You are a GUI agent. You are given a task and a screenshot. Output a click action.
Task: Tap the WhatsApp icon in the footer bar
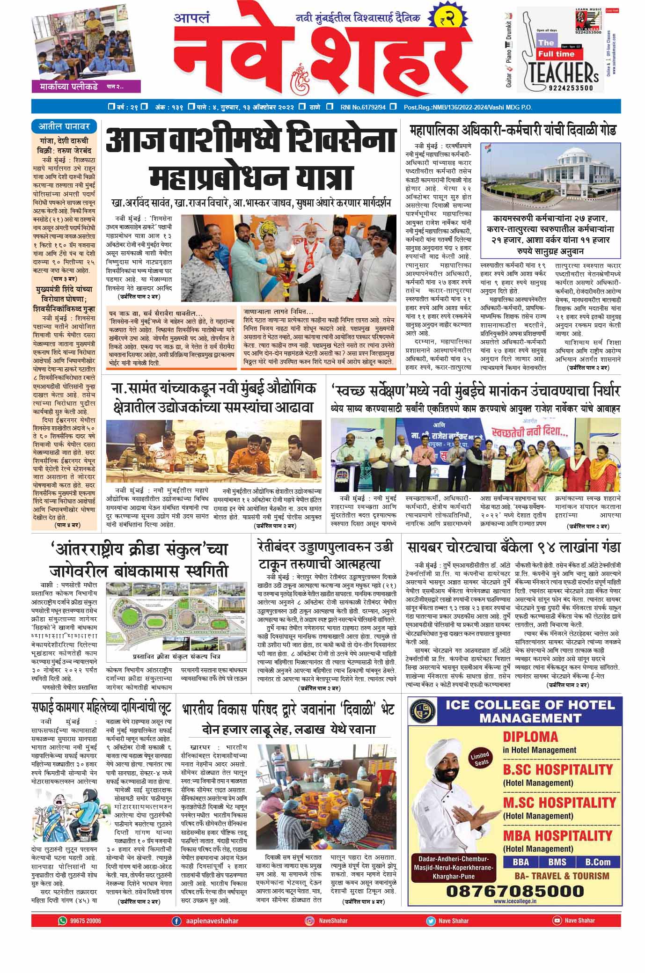coord(62,921)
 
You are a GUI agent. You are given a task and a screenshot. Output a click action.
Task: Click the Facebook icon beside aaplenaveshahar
coord(176,921)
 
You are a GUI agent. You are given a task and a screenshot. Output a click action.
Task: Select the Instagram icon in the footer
coord(309,921)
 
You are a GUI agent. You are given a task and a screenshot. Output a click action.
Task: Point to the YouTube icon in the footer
coord(557,920)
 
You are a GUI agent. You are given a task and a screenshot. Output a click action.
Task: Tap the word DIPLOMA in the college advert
coord(530,736)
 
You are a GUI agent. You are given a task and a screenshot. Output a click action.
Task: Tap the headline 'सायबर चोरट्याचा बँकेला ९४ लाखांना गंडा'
coord(513,547)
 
